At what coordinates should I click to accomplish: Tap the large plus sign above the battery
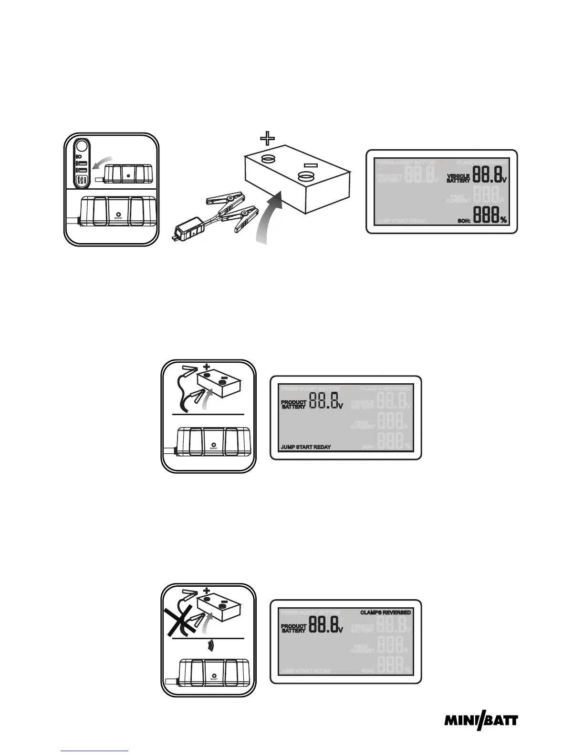point(267,139)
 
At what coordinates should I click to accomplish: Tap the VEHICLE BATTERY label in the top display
point(458,178)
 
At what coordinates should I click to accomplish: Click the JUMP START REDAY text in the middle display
point(305,447)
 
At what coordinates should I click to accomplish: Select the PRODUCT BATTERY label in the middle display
point(293,404)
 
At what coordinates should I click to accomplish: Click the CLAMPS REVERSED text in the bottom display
point(386,612)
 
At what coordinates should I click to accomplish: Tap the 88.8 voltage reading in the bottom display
point(324,624)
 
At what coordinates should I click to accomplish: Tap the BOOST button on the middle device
point(213,441)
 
